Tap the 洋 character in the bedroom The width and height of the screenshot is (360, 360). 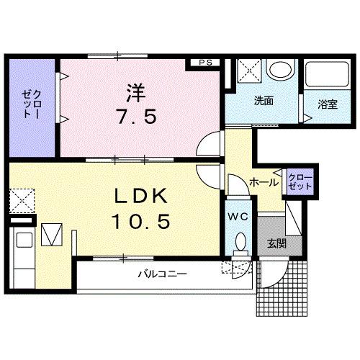click(136, 94)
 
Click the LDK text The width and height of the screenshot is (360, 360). click(141, 197)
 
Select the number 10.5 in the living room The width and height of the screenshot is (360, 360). click(141, 221)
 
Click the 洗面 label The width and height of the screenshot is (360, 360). click(263, 102)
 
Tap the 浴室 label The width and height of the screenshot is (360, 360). click(328, 104)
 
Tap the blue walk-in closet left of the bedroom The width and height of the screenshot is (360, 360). click(32, 104)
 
